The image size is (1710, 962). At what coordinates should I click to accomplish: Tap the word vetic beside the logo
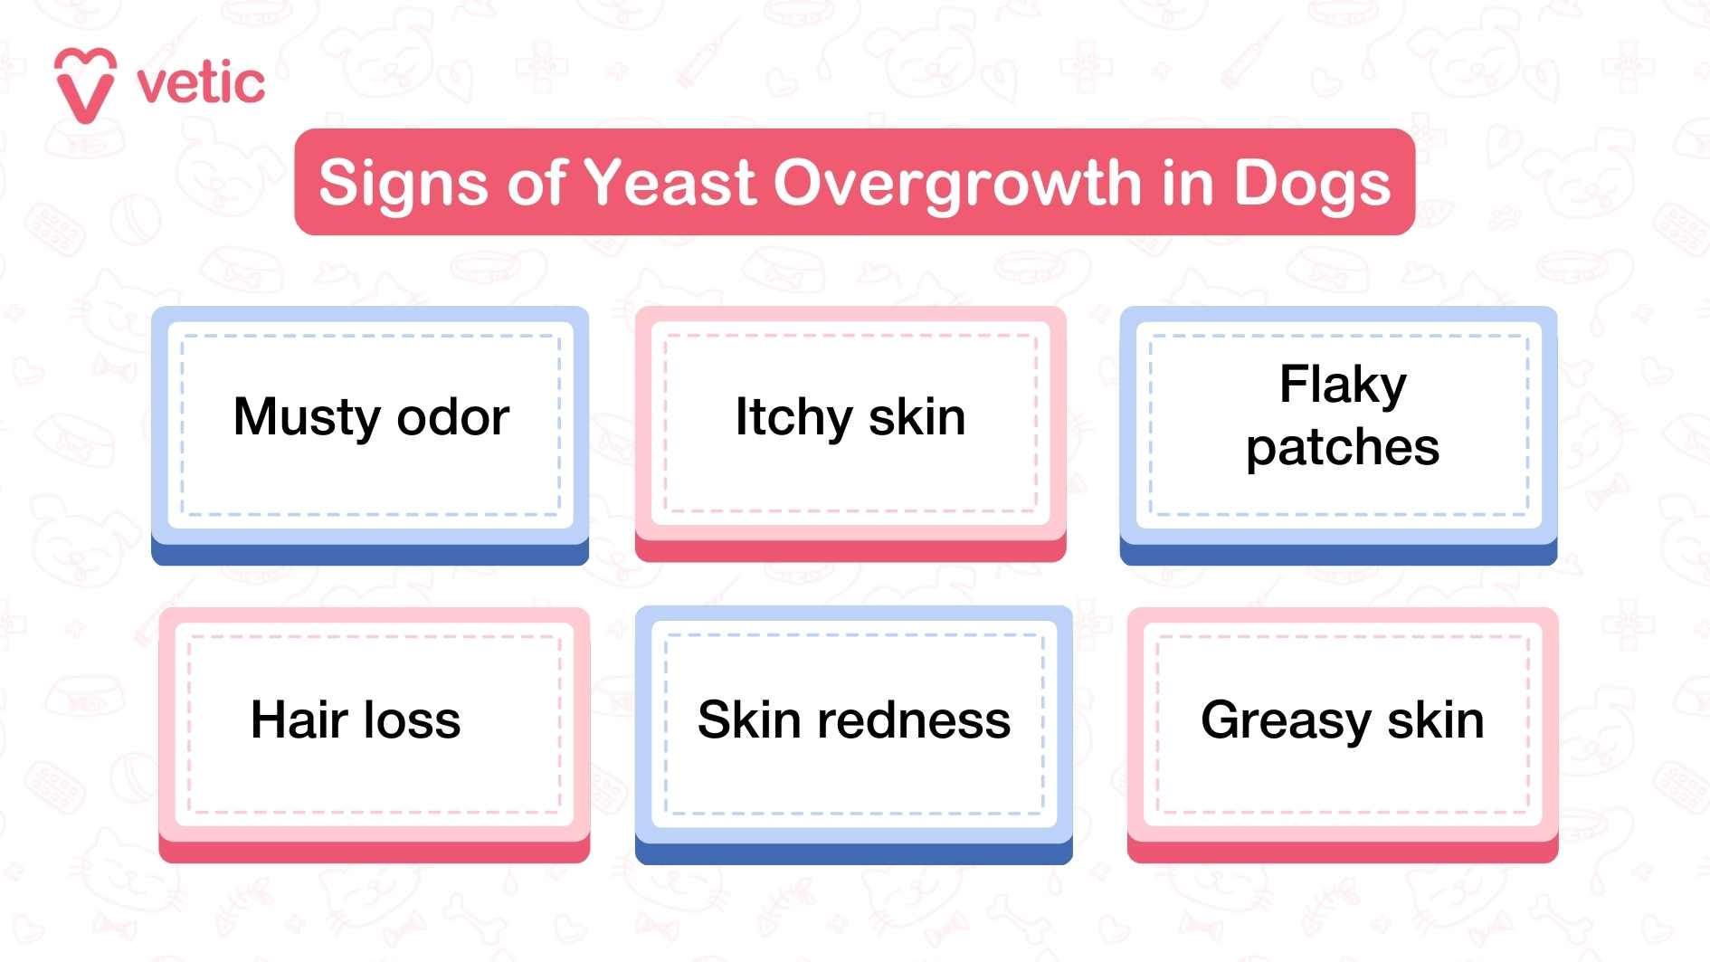[x=201, y=84]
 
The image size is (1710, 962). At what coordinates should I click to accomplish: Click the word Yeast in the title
[x=670, y=183]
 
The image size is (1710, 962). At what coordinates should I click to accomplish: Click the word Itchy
[x=793, y=418]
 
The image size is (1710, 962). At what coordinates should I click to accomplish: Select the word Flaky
[x=1343, y=386]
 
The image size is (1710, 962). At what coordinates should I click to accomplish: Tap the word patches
[x=1343, y=449]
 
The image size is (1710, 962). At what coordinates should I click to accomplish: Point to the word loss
[x=413, y=720]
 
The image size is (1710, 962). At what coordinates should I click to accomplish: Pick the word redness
[x=914, y=720]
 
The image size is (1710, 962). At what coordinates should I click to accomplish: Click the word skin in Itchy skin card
[x=917, y=418]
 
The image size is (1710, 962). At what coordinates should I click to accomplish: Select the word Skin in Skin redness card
[x=749, y=720]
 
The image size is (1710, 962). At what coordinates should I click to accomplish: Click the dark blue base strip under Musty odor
[x=369, y=554]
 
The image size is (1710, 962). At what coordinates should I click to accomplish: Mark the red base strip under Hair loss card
[x=374, y=852]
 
